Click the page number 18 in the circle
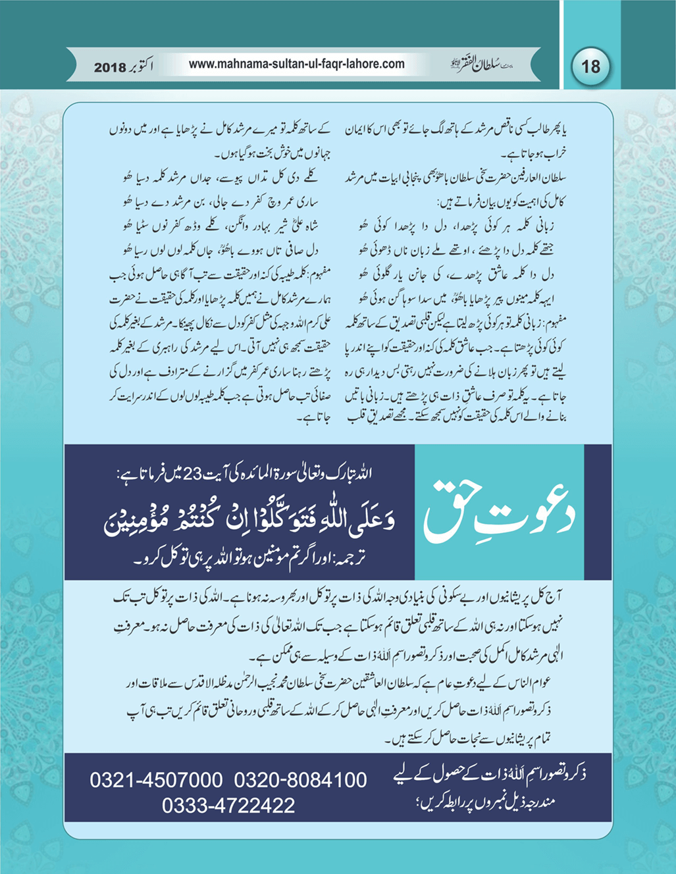pyautogui.click(x=590, y=66)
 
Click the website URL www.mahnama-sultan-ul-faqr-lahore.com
pyautogui.click(x=296, y=64)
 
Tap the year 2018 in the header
pyautogui.click(x=113, y=67)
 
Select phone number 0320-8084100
pyautogui.click(x=300, y=781)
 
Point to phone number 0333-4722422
pyautogui.click(x=228, y=806)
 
